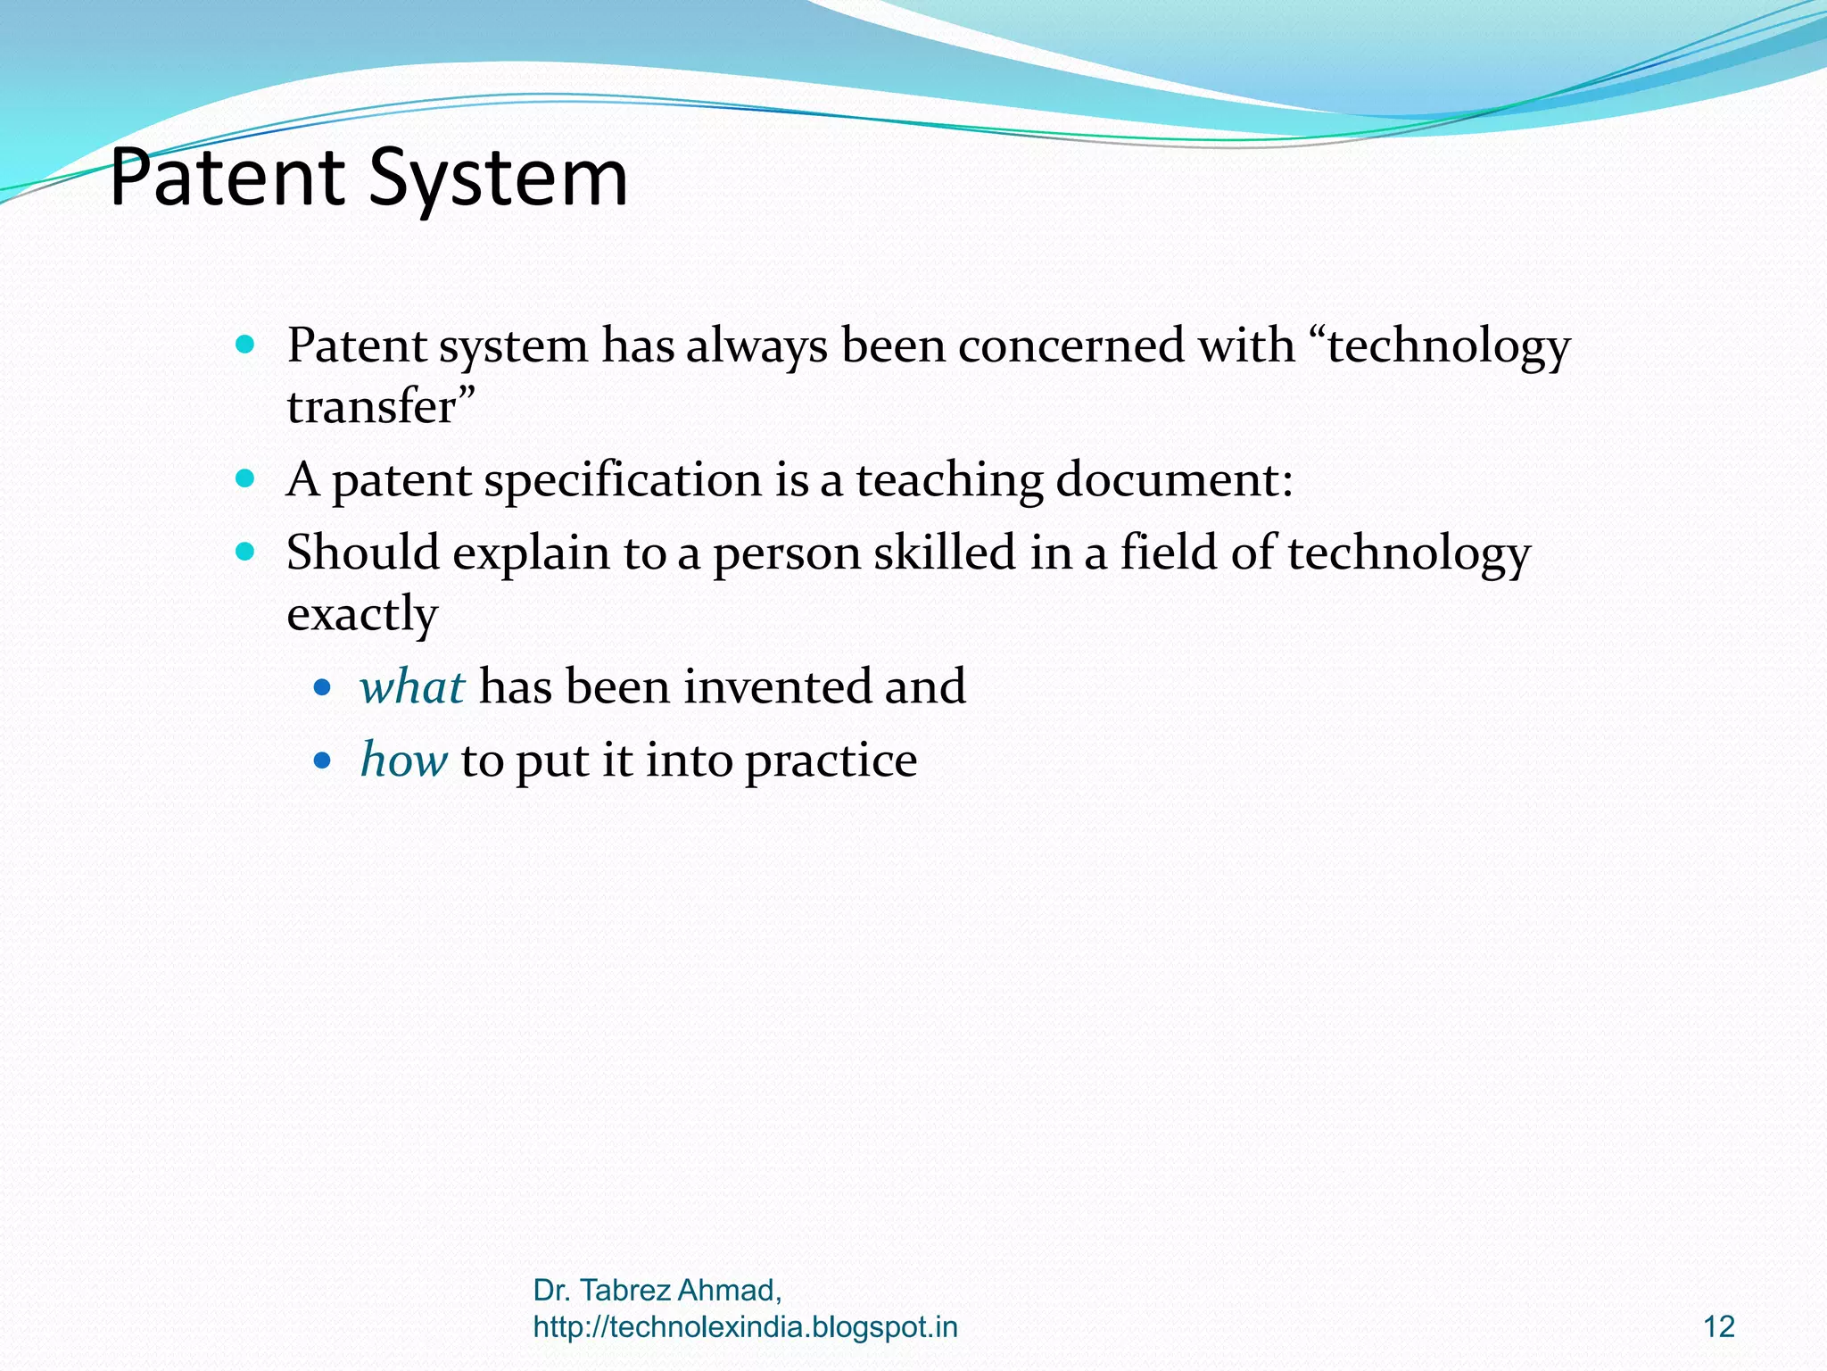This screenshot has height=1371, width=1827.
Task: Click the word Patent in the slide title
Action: [x=227, y=178]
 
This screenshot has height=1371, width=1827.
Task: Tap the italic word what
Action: [x=412, y=687]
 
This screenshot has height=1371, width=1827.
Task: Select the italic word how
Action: [x=403, y=760]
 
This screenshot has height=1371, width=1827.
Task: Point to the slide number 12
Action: [x=1718, y=1327]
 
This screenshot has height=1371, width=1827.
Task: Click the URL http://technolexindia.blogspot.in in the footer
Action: [x=745, y=1327]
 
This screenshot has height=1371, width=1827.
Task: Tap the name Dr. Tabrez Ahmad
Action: [x=657, y=1291]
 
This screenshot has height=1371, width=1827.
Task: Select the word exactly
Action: [x=362, y=614]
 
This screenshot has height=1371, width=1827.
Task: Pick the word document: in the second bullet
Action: [x=1174, y=480]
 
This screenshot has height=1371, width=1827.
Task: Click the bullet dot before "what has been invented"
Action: [x=323, y=688]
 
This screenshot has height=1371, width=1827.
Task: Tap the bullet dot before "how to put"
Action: [x=323, y=761]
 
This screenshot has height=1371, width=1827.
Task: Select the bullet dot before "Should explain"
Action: [x=245, y=552]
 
